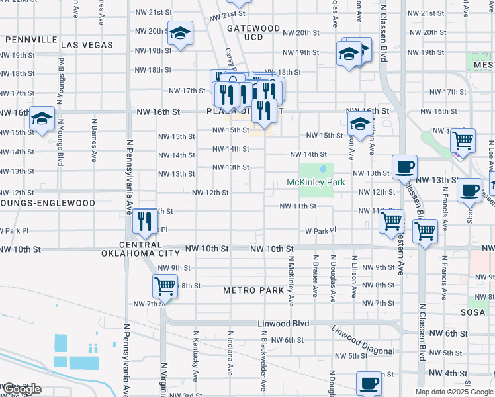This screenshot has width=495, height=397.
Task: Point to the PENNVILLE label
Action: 31,40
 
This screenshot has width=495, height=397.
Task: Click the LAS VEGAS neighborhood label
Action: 87,45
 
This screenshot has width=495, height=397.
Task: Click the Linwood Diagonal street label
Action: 363,341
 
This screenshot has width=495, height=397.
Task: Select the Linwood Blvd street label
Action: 283,324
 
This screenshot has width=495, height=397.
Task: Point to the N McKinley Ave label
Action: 290,281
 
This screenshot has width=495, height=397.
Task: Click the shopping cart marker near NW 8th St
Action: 164,287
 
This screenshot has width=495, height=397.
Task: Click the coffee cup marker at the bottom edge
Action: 369,383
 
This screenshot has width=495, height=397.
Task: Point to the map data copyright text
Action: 454,392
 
